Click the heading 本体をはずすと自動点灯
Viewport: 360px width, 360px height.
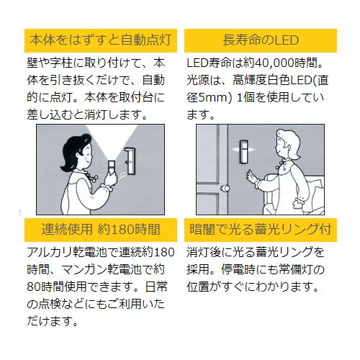101,40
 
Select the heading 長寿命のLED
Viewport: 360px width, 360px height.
261,40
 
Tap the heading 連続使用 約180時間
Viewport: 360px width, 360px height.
101,230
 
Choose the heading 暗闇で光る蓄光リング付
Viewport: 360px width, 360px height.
261,230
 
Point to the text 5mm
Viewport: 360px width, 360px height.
213,98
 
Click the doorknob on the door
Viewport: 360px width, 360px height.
225,189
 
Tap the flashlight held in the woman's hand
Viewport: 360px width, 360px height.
112,168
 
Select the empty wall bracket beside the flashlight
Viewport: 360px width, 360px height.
130,161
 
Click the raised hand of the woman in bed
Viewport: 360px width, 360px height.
252,176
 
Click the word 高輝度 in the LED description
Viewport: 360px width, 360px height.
250,80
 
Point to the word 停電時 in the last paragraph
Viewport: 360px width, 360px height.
238,269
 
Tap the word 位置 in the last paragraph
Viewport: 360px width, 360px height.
198,287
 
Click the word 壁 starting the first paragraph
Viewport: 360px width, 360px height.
32,63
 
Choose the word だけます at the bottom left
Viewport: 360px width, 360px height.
50,321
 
